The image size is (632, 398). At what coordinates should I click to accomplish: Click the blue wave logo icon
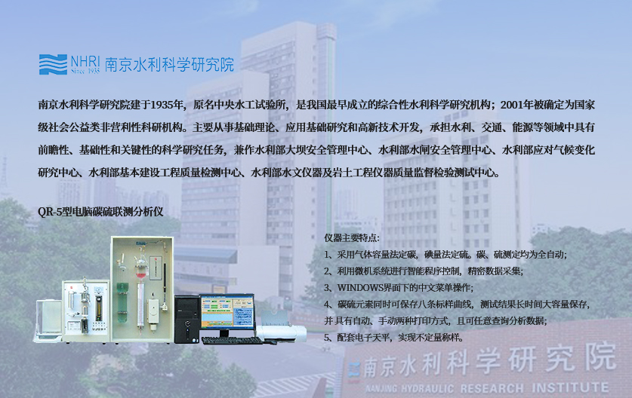pos(53,64)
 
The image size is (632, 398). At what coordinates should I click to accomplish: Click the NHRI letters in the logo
pos(85,62)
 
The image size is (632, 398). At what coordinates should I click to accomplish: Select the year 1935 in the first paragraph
pos(162,105)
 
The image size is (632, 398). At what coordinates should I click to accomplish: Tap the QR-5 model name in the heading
pos(49,212)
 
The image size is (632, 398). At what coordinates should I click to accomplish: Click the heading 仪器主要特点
pos(351,238)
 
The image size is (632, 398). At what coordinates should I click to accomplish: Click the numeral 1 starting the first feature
pos(327,255)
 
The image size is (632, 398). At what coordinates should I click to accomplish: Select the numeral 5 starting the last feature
pos(327,338)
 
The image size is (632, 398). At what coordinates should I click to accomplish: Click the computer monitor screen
pos(227,311)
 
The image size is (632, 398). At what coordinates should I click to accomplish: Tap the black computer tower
pos(187,319)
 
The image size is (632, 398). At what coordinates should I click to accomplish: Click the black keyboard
pos(231,341)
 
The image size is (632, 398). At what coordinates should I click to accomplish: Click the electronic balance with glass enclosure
pos(48,320)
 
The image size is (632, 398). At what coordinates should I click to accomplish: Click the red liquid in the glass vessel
pos(140,275)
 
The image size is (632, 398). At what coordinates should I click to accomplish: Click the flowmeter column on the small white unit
pos(98,308)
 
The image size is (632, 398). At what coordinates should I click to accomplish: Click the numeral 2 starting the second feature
pos(327,271)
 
